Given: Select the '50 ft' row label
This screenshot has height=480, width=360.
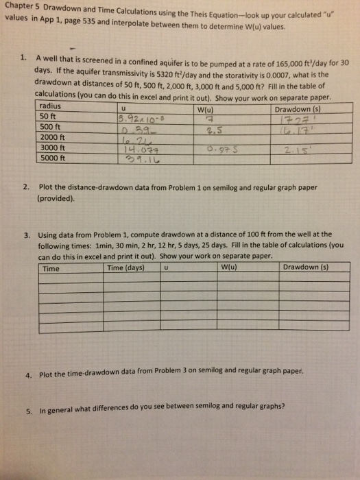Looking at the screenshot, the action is pos(49,116).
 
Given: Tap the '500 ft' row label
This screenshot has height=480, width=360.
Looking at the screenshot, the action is pos(51,126).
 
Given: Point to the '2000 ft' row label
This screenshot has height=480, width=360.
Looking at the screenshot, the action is pos(53,136).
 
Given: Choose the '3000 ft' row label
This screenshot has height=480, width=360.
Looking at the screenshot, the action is pos(53,146).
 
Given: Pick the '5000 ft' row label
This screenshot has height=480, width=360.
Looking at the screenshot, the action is pos(53,156).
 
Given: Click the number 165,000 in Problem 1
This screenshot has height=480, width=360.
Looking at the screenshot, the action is pos(268,62).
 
